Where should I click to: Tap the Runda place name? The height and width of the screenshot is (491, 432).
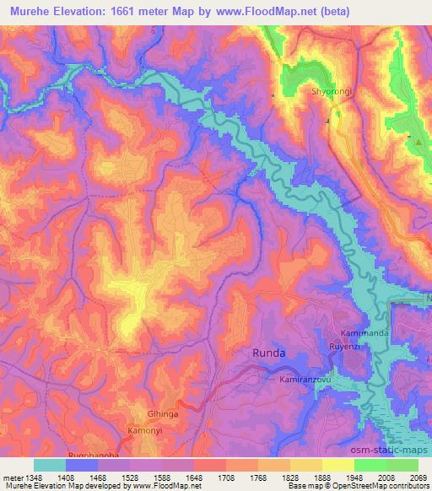[x=269, y=353]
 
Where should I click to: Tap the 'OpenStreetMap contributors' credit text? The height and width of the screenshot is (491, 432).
[x=384, y=486]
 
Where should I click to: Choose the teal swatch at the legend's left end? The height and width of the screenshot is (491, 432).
[x=49, y=465]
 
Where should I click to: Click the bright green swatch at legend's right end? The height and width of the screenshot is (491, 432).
[x=402, y=465]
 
